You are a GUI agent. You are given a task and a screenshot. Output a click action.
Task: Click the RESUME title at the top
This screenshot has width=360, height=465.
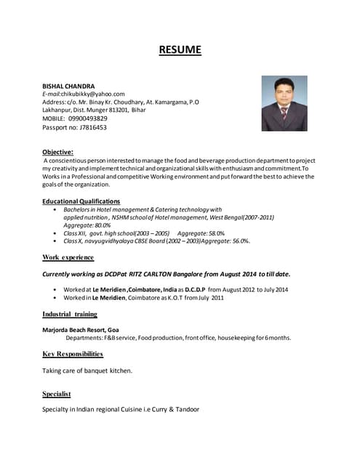click(180, 50)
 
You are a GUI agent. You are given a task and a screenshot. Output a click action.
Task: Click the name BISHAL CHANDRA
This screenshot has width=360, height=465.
click(68, 86)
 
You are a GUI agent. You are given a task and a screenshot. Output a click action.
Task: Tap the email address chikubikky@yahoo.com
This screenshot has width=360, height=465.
click(94, 94)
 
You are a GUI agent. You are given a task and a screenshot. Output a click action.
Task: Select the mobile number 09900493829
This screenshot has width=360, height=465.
click(87, 118)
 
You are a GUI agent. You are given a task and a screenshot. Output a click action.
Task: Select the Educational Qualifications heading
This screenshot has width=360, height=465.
click(81, 201)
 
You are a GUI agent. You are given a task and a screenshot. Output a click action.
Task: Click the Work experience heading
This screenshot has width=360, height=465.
click(68, 257)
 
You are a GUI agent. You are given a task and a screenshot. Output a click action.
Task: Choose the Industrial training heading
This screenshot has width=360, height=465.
click(70, 314)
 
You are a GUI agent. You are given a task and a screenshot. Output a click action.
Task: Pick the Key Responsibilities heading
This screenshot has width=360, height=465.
click(73, 354)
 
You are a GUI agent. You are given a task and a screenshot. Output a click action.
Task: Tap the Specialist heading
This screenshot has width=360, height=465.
click(57, 394)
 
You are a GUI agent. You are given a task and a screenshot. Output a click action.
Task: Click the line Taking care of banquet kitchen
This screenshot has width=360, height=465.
click(87, 371)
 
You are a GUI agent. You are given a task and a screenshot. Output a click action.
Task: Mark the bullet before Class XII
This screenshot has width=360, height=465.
click(56, 233)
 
